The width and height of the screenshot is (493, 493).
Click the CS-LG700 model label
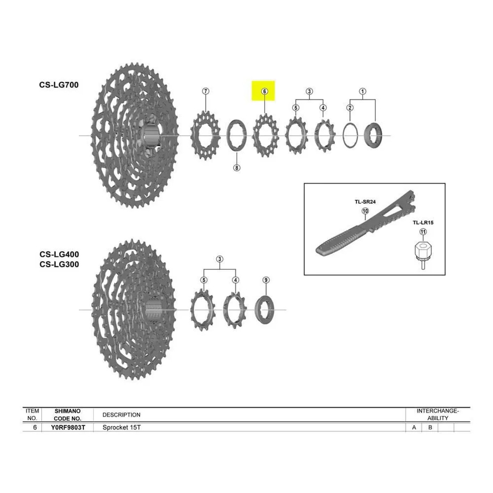[59, 85]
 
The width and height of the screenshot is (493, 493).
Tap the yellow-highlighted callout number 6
[265, 91]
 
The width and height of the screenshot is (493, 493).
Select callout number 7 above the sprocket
[205, 91]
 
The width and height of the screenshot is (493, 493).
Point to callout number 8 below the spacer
[237, 168]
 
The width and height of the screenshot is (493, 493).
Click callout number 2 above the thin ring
[350, 108]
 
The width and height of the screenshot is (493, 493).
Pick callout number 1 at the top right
[362, 91]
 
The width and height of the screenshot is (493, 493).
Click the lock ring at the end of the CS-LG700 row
[373, 135]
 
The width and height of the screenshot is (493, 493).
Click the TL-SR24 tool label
[365, 202]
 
